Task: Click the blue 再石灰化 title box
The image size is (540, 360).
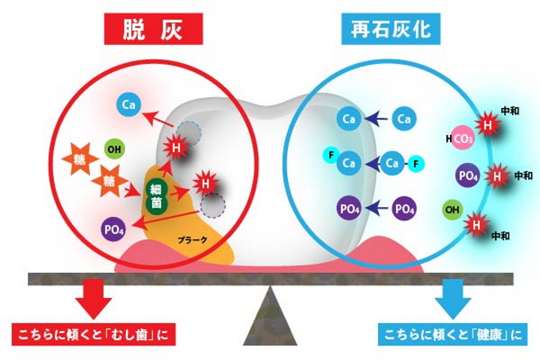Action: point(395,30)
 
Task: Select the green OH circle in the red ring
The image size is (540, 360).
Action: point(114,148)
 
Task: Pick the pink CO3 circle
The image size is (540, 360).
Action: point(463,139)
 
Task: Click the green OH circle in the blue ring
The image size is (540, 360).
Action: point(451,208)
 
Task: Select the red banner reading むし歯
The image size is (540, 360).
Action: point(97,332)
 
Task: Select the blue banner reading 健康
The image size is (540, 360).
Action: point(449,332)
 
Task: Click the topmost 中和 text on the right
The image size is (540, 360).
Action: point(510,110)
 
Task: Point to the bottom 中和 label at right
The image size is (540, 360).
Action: point(500,235)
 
